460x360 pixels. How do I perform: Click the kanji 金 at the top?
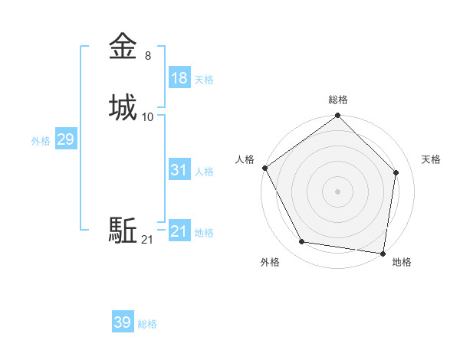tap(123, 47)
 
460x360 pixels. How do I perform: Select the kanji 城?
tap(123, 107)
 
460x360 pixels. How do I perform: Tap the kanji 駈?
tap(123, 230)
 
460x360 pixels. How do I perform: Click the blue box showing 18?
tap(179, 78)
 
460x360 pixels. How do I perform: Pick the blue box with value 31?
tap(179, 170)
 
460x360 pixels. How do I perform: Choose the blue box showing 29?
tap(65, 139)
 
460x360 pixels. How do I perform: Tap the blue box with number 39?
tap(123, 322)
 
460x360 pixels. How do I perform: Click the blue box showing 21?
tap(179, 231)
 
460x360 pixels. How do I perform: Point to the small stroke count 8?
tap(147, 56)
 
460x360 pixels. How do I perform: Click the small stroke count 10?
tap(148, 117)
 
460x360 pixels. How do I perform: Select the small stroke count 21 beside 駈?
tap(147, 240)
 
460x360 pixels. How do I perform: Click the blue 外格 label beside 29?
tap(41, 140)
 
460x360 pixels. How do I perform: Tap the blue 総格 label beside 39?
tap(147, 323)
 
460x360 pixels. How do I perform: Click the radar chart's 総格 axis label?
tap(338, 100)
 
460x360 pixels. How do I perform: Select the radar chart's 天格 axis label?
tap(432, 159)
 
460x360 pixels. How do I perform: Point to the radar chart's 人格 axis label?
tap(245, 159)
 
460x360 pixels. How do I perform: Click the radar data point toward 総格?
tap(338, 116)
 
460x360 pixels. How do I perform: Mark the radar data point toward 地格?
tap(383, 253)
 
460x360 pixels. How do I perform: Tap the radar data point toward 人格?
tap(265, 168)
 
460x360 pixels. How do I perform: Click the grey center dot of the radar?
tap(338, 191)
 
